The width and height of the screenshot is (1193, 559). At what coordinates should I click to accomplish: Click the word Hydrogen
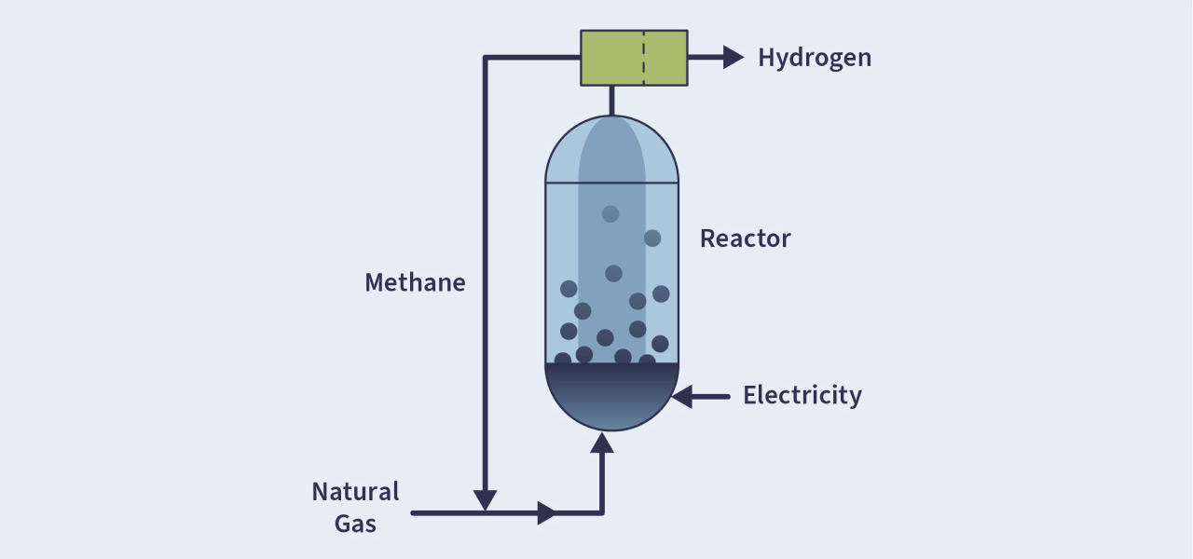click(814, 58)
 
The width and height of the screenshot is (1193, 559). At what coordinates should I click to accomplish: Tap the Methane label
click(415, 282)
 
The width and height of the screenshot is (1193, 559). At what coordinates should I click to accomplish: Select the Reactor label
click(745, 239)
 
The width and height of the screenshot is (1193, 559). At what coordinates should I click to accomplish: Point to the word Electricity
click(802, 396)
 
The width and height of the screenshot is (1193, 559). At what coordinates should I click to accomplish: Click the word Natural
click(355, 492)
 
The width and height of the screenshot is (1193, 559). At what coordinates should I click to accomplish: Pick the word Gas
click(355, 524)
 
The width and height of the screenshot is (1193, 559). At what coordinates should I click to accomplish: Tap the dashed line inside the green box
click(643, 58)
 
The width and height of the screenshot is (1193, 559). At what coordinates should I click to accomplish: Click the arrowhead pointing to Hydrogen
click(734, 58)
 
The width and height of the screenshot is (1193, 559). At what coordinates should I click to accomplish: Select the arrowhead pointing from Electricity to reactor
click(682, 397)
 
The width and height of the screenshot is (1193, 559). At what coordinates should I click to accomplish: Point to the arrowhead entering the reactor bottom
click(602, 442)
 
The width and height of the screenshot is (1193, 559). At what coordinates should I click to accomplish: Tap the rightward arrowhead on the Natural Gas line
click(547, 512)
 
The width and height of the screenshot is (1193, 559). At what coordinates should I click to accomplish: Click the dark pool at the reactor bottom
click(611, 395)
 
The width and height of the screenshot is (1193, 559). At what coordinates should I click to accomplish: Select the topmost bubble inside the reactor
click(610, 214)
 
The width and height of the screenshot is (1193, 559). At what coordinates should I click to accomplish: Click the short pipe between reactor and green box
click(611, 101)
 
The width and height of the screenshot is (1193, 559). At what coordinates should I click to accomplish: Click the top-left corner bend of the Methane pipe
click(486, 59)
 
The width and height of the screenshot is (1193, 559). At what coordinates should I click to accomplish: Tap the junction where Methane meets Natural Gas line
click(485, 512)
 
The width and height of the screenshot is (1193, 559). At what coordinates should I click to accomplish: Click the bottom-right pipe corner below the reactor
click(602, 512)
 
